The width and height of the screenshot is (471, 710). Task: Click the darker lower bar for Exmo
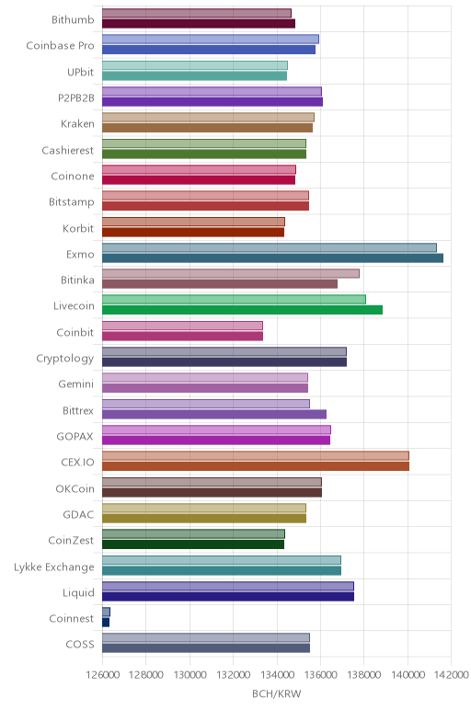click(272, 258)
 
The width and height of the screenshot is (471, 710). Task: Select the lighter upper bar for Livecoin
click(234, 299)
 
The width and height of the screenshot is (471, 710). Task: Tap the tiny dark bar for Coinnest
click(106, 623)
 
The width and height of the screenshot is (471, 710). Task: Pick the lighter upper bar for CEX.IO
click(256, 455)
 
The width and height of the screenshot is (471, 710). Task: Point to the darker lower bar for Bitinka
click(220, 284)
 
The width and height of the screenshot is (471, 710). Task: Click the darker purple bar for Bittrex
click(214, 414)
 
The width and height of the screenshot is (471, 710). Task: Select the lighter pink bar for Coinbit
click(182, 326)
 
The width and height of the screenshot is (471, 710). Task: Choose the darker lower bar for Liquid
click(228, 596)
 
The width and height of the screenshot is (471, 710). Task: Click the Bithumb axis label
click(73, 19)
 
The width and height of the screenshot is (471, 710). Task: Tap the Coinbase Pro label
click(60, 45)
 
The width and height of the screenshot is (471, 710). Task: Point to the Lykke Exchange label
click(54, 567)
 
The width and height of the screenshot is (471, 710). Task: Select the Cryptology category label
click(65, 359)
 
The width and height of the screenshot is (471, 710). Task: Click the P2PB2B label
click(76, 97)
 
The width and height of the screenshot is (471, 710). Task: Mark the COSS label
click(80, 645)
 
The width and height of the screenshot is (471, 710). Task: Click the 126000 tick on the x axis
click(103, 675)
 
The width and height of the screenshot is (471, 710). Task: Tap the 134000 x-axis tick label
click(277, 675)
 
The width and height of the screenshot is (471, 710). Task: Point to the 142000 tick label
click(452, 675)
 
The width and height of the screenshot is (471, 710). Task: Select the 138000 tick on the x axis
click(364, 675)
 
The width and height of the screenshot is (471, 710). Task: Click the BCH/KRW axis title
click(277, 693)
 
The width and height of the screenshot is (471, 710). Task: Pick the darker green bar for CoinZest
click(193, 544)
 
